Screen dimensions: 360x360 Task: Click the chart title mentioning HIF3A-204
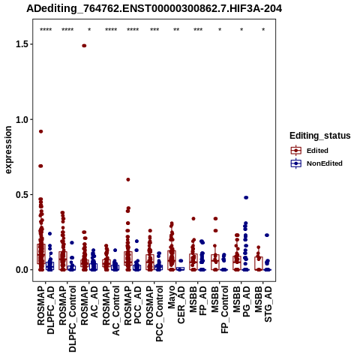tap(154, 9)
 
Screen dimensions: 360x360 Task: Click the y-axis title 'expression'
tap(8, 150)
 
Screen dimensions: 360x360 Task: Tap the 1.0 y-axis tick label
tap(21, 119)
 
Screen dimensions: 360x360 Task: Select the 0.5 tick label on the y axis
tap(21, 195)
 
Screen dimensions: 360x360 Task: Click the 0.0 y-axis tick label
tap(21, 270)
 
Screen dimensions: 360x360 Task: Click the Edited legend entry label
tap(317, 151)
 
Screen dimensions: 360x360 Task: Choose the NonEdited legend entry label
tap(325, 163)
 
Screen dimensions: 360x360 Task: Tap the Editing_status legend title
tap(320, 136)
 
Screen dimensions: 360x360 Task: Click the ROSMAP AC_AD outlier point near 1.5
tap(84, 46)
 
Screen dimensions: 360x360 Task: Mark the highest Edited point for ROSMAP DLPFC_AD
tap(41, 131)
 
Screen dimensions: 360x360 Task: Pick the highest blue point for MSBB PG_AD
tap(246, 197)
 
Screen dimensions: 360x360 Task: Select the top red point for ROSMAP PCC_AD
tap(128, 179)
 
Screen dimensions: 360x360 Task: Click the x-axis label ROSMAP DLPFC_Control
tap(67, 319)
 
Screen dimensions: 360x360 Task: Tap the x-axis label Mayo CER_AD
tap(176, 304)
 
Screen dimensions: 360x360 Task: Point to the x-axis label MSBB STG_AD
tap(263, 304)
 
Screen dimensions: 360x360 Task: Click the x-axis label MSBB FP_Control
tap(220, 310)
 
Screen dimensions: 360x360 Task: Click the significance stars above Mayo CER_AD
tap(176, 30)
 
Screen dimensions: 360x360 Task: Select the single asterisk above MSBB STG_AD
tap(263, 30)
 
